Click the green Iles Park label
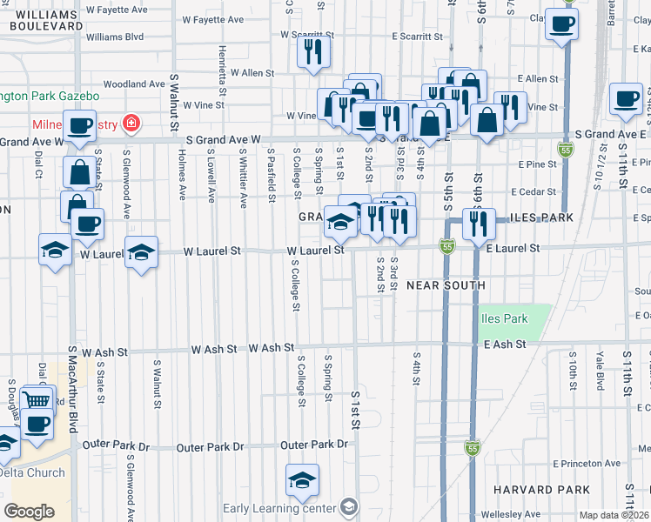(x=504, y=318)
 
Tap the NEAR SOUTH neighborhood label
(x=444, y=285)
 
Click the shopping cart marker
(x=36, y=400)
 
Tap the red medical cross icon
(x=131, y=124)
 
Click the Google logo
(x=29, y=511)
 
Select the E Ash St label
(x=505, y=345)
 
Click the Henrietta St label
(x=223, y=70)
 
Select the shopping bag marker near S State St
(x=79, y=173)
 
